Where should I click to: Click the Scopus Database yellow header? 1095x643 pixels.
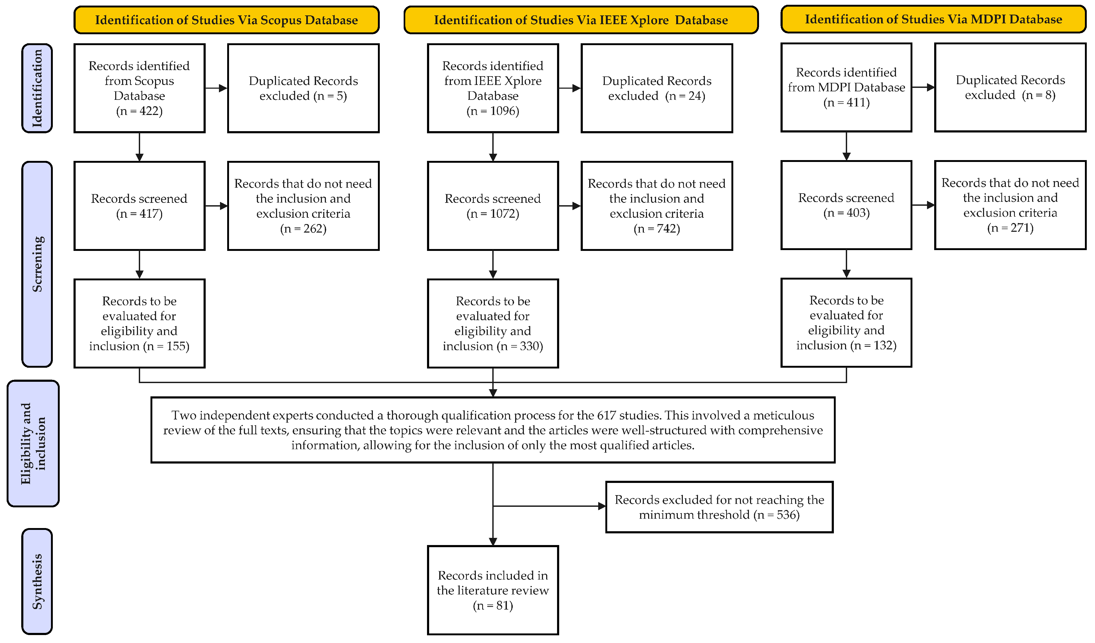pyautogui.click(x=226, y=20)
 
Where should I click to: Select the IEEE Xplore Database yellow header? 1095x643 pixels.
pyautogui.click(x=581, y=20)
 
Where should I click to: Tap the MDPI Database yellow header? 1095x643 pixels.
pyautogui.click(x=933, y=19)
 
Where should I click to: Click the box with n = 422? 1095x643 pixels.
pyautogui.click(x=140, y=88)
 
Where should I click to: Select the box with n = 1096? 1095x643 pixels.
pyautogui.click(x=493, y=88)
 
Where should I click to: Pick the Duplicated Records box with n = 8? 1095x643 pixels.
pyautogui.click(x=1010, y=87)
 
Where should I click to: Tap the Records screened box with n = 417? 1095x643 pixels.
pyautogui.click(x=140, y=206)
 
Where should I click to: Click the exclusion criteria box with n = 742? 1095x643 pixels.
pyautogui.click(x=657, y=206)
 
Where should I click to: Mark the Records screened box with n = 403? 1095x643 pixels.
pyautogui.click(x=846, y=205)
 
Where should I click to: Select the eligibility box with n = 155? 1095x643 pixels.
pyautogui.click(x=140, y=323)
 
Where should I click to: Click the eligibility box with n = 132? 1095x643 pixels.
pyautogui.click(x=846, y=323)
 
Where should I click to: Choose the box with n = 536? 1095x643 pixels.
pyautogui.click(x=719, y=507)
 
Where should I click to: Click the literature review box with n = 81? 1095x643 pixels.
pyautogui.click(x=493, y=590)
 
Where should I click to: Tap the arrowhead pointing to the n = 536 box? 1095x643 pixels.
pyautogui.click(x=602, y=506)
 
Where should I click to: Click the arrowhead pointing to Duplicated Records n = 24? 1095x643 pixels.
pyautogui.click(x=577, y=88)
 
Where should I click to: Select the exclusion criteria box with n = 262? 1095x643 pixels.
pyautogui.click(x=303, y=206)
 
